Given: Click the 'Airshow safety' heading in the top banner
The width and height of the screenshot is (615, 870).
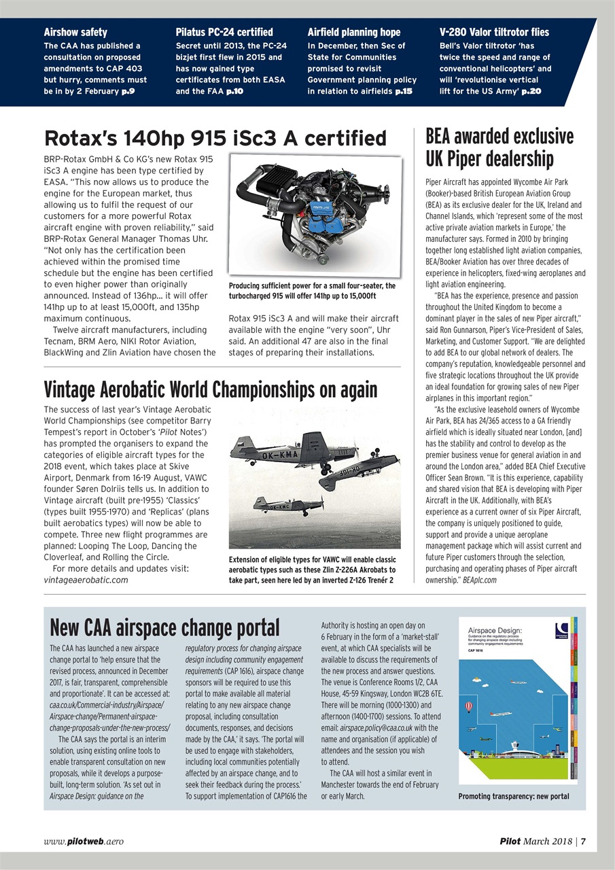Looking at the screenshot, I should (76, 32).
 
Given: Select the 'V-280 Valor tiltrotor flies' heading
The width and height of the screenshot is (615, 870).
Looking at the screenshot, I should (494, 32).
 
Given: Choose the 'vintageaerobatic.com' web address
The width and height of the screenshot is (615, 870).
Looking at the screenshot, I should (86, 580).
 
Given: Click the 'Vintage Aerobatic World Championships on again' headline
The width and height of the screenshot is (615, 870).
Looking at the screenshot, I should (210, 389).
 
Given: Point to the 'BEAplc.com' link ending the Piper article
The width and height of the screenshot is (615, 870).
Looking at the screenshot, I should (479, 580).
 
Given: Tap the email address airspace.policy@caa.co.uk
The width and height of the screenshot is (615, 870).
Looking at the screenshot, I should (379, 727).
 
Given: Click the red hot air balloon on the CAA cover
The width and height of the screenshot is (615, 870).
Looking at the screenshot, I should (469, 707).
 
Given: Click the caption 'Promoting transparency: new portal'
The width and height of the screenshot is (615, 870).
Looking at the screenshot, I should (514, 796).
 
